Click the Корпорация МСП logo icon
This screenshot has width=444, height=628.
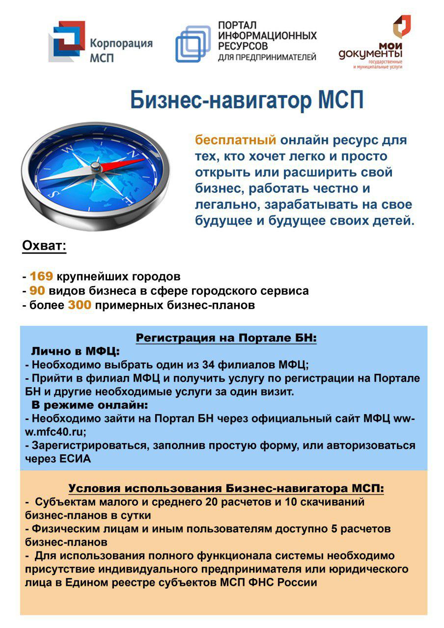(x=66, y=42)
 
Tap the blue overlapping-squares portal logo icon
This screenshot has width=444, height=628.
(x=193, y=44)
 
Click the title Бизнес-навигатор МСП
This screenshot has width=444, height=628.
(x=247, y=101)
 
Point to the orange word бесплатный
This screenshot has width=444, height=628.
(x=236, y=140)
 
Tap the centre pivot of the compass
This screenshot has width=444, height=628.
(x=96, y=168)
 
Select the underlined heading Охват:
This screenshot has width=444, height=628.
(x=44, y=246)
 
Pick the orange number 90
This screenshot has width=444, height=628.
(x=37, y=291)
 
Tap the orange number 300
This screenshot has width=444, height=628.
(x=80, y=306)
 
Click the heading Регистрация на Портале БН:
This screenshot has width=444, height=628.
(x=226, y=338)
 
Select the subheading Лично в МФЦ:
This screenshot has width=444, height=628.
(x=76, y=351)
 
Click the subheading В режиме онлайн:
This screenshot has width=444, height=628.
(x=90, y=405)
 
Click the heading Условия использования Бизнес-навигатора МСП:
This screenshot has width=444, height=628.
(x=226, y=489)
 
